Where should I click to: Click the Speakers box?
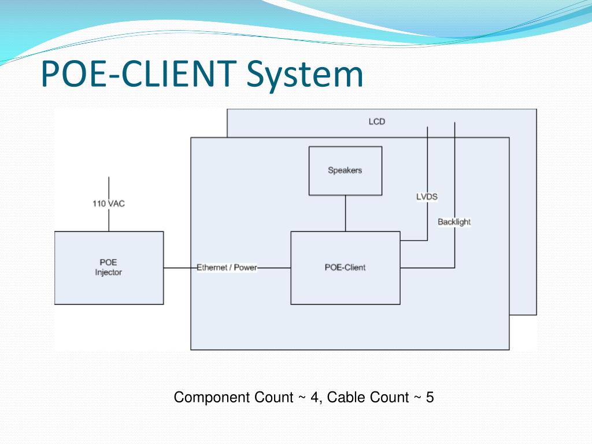[345, 171]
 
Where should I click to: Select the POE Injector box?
[109, 268]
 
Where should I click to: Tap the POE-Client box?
[345, 268]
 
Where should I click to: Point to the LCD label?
[377, 121]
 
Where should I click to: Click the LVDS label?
[427, 197]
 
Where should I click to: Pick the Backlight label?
[454, 222]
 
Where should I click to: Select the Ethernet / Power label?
[227, 268]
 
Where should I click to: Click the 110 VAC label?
[109, 203]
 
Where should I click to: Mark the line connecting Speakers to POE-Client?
[346, 213]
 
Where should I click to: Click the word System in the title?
[305, 74]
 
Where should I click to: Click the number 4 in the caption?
[315, 397]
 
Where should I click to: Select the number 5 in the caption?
[430, 397]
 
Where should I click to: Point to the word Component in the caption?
[234, 398]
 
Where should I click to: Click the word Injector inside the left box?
[108, 273]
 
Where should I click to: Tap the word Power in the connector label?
[245, 268]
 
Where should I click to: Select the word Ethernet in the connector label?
[212, 268]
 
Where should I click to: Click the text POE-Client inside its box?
[345, 268]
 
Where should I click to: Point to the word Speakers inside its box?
[345, 171]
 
